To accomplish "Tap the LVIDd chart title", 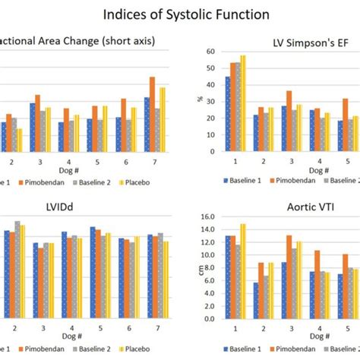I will click(x=81, y=205).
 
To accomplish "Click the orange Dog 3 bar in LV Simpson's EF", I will click(x=289, y=120).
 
